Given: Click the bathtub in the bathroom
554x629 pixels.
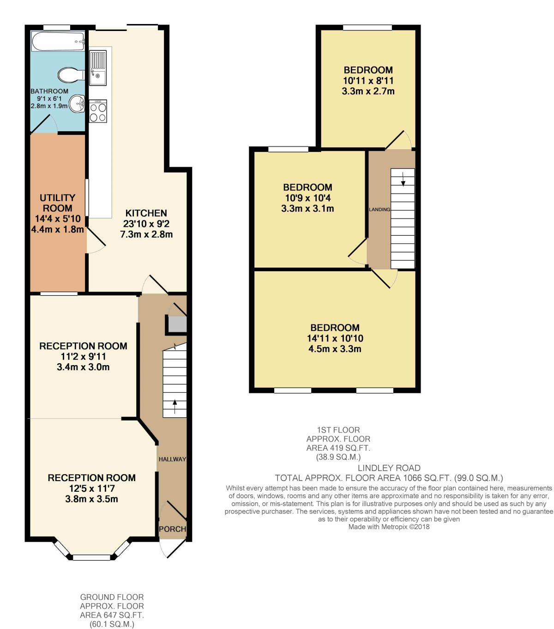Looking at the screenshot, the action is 58,41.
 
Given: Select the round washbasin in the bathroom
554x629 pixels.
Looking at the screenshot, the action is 77,104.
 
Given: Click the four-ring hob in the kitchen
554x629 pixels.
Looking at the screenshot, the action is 98,111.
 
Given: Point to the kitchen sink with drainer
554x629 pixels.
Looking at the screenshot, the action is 98,68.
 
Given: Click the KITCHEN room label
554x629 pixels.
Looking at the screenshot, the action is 146,213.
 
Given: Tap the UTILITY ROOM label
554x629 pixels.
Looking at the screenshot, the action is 57,203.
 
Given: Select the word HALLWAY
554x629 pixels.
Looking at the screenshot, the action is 173,459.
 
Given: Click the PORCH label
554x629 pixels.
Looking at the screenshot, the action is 173,529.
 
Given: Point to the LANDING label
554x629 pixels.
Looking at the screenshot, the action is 379,209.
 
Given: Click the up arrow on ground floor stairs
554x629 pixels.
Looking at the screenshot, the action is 175,407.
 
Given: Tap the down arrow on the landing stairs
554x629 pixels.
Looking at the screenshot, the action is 403,179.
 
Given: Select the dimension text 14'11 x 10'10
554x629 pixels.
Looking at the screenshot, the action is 335,338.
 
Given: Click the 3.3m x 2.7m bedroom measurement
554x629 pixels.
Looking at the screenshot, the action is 368,91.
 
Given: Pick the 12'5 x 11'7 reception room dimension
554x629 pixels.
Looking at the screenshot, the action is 92,489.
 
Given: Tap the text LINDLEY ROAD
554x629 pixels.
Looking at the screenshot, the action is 389,468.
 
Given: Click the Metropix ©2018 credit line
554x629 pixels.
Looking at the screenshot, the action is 389,526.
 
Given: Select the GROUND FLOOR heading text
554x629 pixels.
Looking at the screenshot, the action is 112,597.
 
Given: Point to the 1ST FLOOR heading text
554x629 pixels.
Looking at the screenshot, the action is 338,430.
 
